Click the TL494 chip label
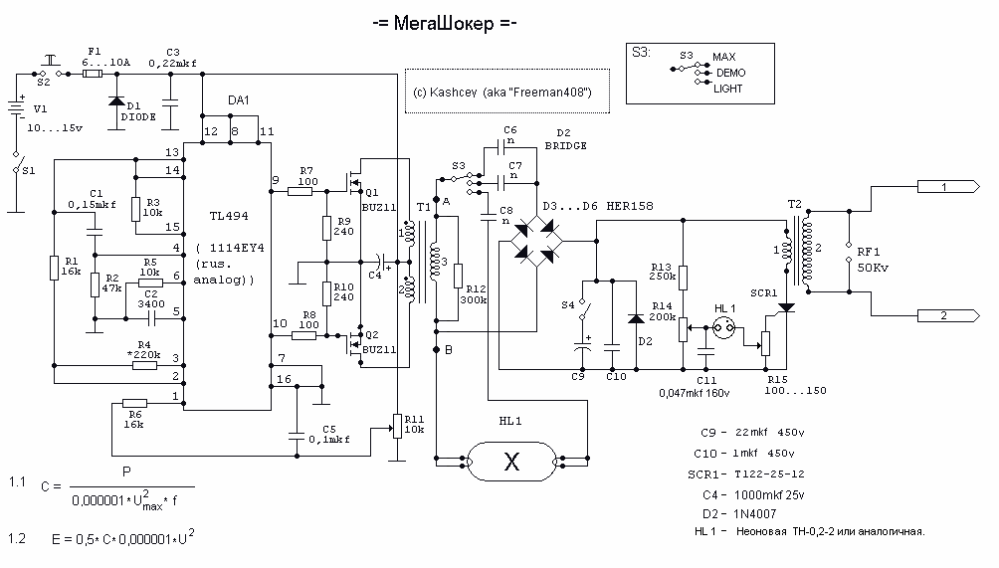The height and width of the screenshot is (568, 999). pos(229,216)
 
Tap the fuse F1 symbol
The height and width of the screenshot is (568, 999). pos(93,74)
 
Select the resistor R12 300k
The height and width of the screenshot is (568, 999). pos(458,277)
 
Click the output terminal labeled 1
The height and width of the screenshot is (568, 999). pos(948,187)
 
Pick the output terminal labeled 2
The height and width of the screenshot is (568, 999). pos(948,315)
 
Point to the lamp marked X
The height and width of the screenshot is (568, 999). pos(511,461)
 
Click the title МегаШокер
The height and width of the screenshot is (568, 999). pos(444,24)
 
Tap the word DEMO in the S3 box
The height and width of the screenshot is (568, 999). pos(730,73)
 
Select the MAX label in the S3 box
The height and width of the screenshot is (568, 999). pos(723,57)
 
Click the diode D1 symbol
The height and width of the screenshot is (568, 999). pos(116,100)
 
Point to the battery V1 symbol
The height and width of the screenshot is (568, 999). pos(16,107)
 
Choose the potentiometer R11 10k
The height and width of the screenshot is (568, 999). pos(397,426)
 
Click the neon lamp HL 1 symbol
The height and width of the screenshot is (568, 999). pos(723,329)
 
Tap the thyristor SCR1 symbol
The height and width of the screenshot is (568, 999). pos(787,308)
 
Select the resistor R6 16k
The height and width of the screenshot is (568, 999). pos(134,403)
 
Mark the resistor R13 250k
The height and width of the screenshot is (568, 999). pos(683,278)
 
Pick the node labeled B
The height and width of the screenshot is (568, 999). pos(437,349)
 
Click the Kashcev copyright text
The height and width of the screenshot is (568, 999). pos(502,93)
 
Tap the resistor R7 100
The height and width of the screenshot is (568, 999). pos(300,190)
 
